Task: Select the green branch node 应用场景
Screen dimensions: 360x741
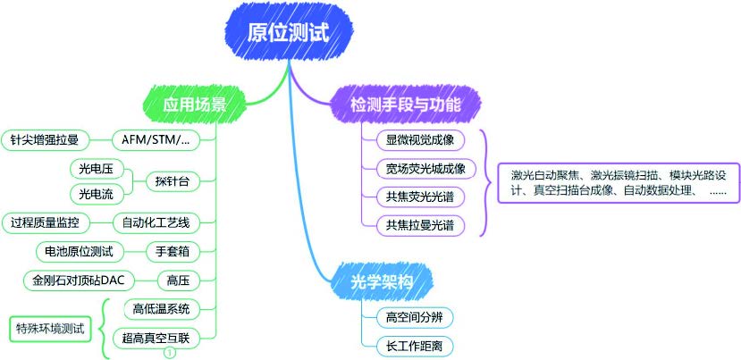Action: [x=194, y=105]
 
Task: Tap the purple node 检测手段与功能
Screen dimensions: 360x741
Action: [x=406, y=105]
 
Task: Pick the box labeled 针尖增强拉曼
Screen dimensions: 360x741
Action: [x=44, y=139]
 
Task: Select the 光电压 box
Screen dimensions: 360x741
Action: [x=95, y=168]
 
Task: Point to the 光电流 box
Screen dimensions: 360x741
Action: [x=95, y=194]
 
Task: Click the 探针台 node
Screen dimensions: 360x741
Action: [x=172, y=181]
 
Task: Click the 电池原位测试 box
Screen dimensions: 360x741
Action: [x=73, y=251]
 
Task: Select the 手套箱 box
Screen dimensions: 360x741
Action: [x=172, y=251]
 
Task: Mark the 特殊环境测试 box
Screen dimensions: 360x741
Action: [x=50, y=329]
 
